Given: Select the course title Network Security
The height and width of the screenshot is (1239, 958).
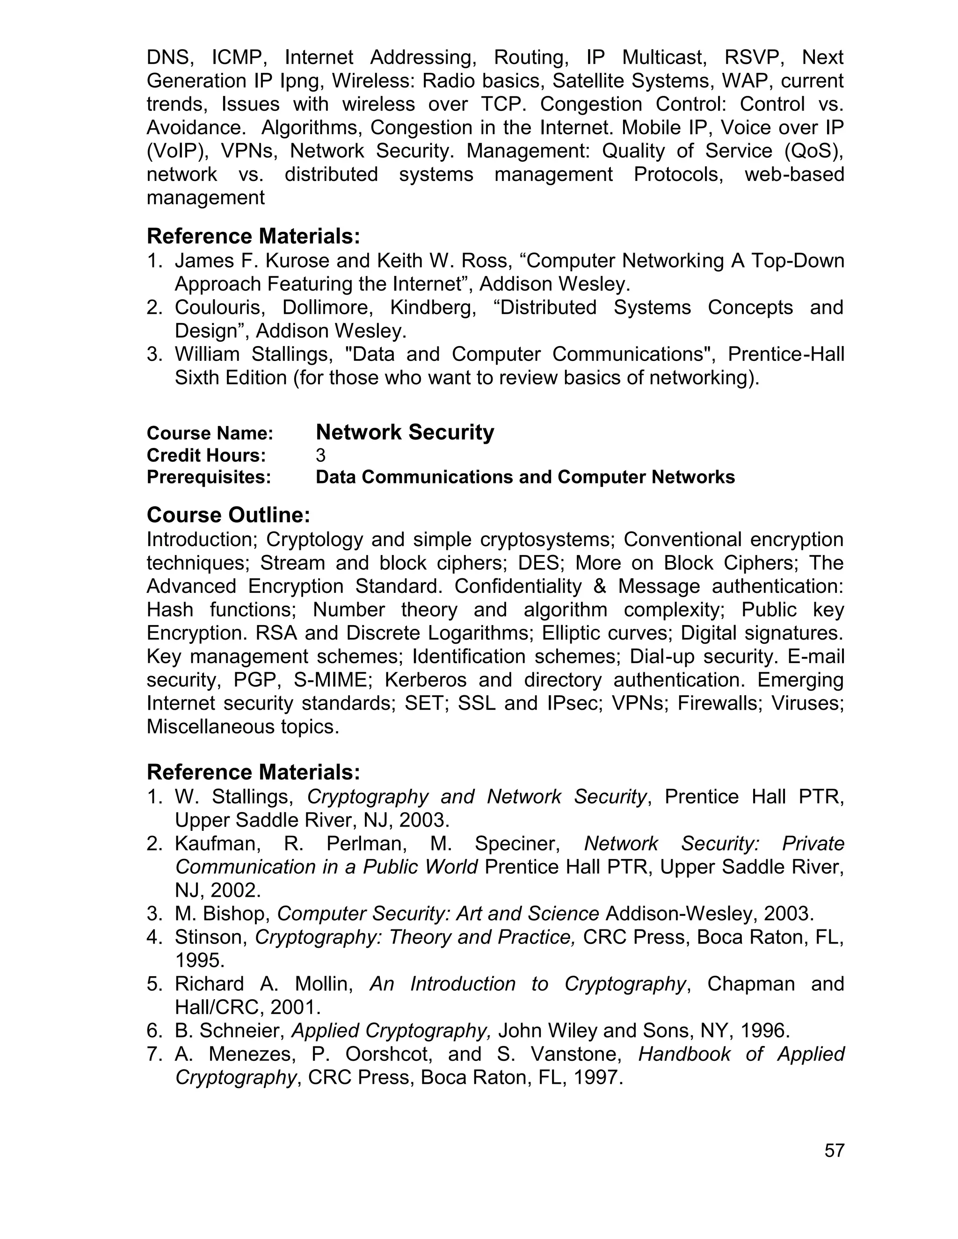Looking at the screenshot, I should coord(405,432).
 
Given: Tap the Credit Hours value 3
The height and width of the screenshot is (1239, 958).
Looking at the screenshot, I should coord(320,455).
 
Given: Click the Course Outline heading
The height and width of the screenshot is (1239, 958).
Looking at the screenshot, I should coord(228,515).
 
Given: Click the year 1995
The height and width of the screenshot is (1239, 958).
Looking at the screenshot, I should coord(200,960).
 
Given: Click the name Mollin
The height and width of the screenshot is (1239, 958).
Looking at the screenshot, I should coord(324,984).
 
